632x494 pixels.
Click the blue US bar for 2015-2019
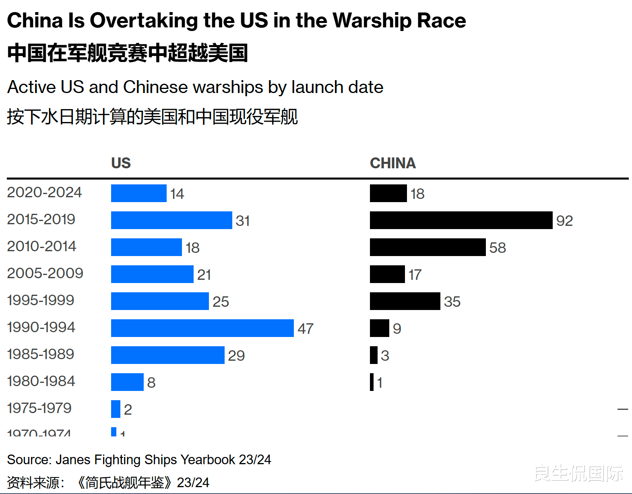pos(171,220)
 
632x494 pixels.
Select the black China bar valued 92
pos(461,220)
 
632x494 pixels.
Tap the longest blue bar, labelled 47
pos(202,328)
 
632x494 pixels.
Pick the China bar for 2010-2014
pos(428,247)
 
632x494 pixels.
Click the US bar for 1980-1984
pos(127,382)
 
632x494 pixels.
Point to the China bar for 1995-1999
pos(405,301)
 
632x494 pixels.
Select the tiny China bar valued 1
pos(372,382)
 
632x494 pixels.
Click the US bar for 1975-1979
pos(116,409)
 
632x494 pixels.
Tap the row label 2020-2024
pos(44,192)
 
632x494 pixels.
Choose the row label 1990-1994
pos(41,327)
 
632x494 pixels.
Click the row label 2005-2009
pos(45,273)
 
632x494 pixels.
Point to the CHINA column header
pos(392,163)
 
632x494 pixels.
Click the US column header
pos(121,163)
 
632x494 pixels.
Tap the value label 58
pos(498,248)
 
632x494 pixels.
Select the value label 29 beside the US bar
pos(236,356)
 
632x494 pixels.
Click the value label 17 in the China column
pos(415,275)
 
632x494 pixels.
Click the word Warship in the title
pos(372,21)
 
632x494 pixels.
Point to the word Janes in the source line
pos(73,459)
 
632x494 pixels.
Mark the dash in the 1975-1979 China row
pos(622,409)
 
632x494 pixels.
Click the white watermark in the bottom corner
pos(578,473)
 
